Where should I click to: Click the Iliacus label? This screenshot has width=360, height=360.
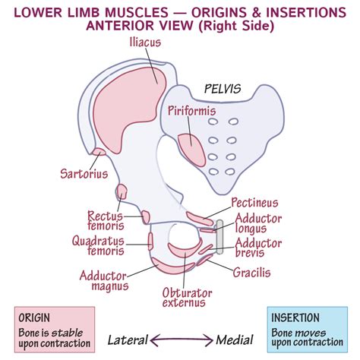click(145, 43)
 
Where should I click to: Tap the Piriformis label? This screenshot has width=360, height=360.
click(192, 111)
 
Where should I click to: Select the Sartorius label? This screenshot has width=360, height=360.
click(84, 174)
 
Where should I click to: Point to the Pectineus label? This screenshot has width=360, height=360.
click(254, 203)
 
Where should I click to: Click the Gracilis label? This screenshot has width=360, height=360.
click(251, 273)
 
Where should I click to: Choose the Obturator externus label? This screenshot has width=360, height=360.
click(187, 298)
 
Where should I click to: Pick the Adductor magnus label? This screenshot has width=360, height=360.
click(104, 280)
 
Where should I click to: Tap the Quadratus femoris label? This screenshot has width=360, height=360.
click(98, 245)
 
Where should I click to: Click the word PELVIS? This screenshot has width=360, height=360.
click(223, 89)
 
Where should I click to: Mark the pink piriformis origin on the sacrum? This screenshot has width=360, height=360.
click(191, 150)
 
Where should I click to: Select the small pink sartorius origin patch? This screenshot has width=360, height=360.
click(99, 152)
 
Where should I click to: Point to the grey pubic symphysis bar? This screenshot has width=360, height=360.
click(219, 237)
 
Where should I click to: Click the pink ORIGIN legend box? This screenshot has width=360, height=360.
click(55, 330)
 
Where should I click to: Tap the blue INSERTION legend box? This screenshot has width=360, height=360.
click(308, 330)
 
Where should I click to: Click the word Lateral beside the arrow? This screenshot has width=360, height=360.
click(128, 340)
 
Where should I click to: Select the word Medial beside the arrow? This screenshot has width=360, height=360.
click(235, 340)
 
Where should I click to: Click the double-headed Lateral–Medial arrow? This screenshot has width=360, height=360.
click(182, 340)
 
